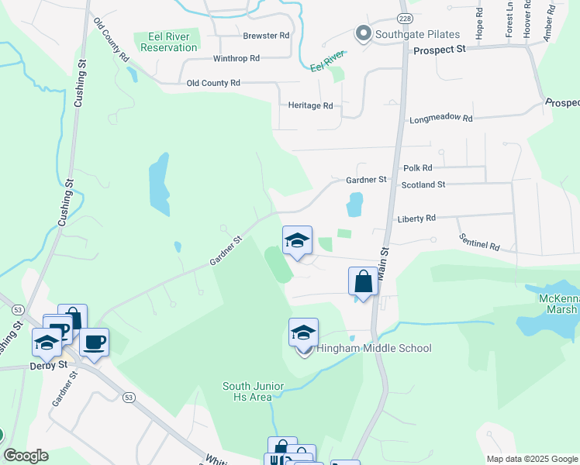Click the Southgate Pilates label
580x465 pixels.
pos(417,34)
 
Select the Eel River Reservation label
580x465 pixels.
pos(167,41)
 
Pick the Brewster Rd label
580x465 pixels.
pos(266,36)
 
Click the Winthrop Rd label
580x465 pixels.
pos(236,58)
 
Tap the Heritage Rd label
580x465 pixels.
pos(310,105)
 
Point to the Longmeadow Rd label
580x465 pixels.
pos(440,119)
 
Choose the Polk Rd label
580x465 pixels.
pos(418,167)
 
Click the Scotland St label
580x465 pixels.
pos(423,185)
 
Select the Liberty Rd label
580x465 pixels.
pos(415,218)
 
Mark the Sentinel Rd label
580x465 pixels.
pos(478,242)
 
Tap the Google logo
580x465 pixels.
pos(26,456)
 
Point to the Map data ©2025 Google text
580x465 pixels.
pos(531,459)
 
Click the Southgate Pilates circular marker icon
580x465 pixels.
pos(363,33)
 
